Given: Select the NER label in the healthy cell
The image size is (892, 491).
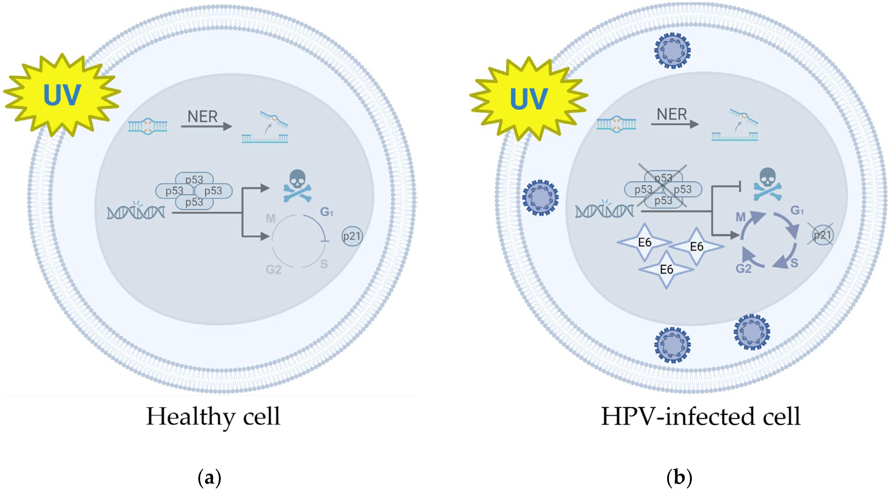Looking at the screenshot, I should (203, 117).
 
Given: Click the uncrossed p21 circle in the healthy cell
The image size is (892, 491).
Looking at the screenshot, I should (352, 236).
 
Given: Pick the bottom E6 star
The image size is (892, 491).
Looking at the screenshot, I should (666, 269).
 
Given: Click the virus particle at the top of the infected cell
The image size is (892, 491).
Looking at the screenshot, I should (673, 50).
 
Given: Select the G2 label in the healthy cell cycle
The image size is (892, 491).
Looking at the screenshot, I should (274, 269).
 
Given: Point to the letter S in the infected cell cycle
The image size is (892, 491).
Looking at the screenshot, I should (794, 263).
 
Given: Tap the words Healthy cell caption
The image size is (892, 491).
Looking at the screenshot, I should (213, 417).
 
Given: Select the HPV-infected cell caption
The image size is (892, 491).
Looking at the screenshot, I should (701, 417).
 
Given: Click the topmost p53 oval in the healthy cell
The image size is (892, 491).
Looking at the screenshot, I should (194, 179).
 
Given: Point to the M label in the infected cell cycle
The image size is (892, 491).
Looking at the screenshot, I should (740, 217).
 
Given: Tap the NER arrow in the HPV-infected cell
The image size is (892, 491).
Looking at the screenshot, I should (675, 124).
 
